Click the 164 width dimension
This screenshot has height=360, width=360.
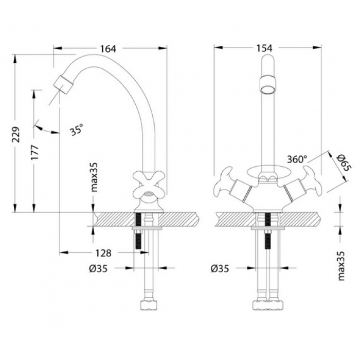(x=108, y=49)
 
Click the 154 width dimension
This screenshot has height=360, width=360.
(x=264, y=48)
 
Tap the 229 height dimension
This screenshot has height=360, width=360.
(x=16, y=134)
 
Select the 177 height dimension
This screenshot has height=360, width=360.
(x=35, y=153)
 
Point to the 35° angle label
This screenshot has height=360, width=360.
(x=77, y=130)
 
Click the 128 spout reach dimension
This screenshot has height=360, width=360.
(x=103, y=253)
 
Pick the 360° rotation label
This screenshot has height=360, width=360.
(x=297, y=159)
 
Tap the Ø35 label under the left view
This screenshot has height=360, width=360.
(x=98, y=268)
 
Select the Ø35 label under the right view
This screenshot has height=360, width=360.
(x=220, y=268)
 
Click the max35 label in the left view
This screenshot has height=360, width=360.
(x=94, y=177)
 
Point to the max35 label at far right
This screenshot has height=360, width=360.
(x=341, y=266)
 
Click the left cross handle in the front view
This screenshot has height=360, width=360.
(x=223, y=183)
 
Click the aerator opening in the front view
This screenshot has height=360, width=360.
(x=267, y=89)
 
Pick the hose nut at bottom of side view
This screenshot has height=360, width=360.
(x=149, y=305)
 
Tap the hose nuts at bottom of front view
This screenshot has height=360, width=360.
(x=268, y=305)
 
